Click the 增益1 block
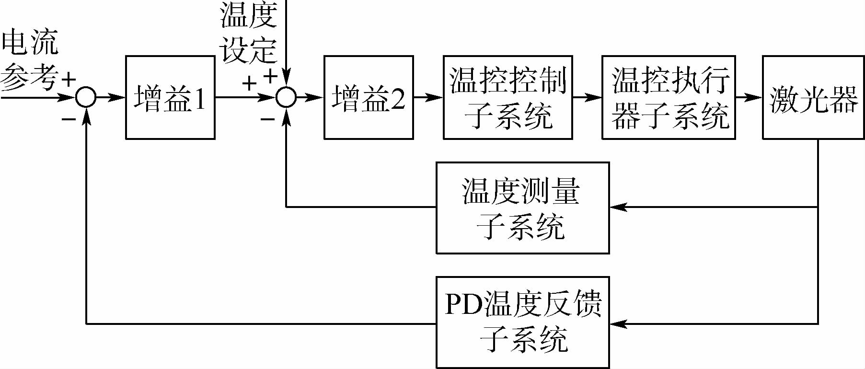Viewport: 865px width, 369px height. pyautogui.click(x=170, y=97)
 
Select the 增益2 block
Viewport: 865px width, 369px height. pyautogui.click(x=369, y=97)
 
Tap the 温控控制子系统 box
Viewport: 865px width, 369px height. pyautogui.click(x=507, y=97)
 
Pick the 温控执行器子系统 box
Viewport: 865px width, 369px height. pyautogui.click(x=669, y=97)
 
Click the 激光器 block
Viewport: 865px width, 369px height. pyautogui.click(x=813, y=97)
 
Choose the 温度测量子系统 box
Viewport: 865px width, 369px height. pyautogui.click(x=522, y=208)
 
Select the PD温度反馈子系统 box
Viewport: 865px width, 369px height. pyautogui.click(x=522, y=322)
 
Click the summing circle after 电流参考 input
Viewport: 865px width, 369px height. pyautogui.click(x=86, y=97)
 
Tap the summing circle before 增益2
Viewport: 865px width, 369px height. pyautogui.click(x=286, y=97)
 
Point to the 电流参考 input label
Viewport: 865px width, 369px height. pyautogui.click(x=30, y=60)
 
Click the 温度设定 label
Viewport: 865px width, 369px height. pyautogui.click(x=248, y=33)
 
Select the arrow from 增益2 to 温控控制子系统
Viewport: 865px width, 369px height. pyautogui.click(x=428, y=97)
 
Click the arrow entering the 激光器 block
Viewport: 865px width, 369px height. pyautogui.click(x=749, y=97)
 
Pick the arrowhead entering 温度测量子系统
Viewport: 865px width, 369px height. pyautogui.click(x=618, y=207)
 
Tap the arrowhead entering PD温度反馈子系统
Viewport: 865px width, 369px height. pyautogui.click(x=618, y=324)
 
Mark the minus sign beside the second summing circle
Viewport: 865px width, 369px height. pyautogui.click(x=267, y=118)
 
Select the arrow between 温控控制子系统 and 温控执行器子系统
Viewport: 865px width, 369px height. pyautogui.click(x=587, y=97)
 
